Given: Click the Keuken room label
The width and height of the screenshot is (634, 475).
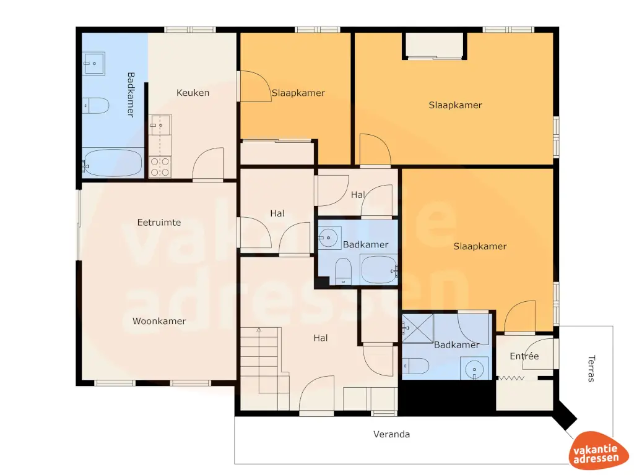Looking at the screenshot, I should [193, 93].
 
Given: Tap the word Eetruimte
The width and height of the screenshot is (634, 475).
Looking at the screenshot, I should [159, 222].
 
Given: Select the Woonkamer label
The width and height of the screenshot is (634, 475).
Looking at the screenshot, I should [159, 321].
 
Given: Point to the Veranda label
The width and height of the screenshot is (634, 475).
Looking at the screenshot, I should [391, 434].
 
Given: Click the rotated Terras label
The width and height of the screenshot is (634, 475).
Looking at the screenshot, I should [591, 367].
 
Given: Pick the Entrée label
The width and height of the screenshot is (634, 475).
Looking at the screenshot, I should [524, 356].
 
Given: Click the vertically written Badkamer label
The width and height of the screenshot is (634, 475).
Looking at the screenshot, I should [131, 95].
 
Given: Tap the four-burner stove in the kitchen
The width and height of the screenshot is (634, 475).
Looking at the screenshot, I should [160, 166].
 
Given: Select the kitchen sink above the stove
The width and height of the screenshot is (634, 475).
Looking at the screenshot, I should [160, 126].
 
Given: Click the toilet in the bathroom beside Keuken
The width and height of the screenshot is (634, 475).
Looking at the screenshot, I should [96, 106].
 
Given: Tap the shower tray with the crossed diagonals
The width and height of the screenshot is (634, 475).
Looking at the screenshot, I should [418, 328].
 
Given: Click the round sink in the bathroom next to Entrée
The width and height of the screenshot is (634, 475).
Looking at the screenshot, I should [475, 370].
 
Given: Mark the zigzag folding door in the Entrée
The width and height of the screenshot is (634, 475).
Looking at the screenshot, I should [512, 377].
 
